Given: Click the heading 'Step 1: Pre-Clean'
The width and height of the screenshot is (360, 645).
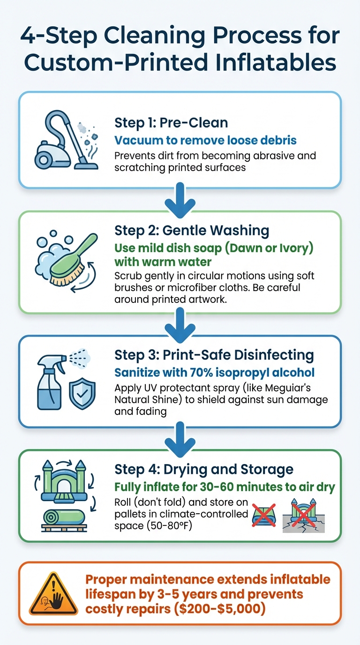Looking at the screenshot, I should (171, 123).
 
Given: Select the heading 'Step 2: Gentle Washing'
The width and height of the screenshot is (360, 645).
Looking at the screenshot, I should (192, 230).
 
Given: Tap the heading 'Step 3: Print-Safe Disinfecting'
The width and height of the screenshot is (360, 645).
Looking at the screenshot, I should (214, 355).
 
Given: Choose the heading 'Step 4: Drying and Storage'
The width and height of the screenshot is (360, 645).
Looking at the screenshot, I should (204, 470).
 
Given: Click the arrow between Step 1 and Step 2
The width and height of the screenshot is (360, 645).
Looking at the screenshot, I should (180, 201).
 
